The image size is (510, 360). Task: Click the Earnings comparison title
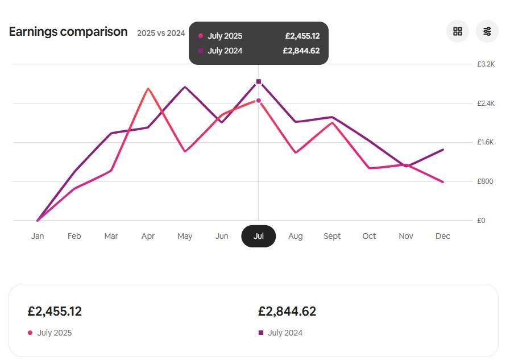pyautogui.click(x=68, y=32)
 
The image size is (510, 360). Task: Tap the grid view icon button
pyautogui.click(x=458, y=31)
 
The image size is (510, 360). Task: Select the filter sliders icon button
pyautogui.click(x=487, y=31)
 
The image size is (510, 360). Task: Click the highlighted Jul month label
pyautogui.click(x=259, y=236)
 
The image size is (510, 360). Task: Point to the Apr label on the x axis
pyautogui.click(x=148, y=236)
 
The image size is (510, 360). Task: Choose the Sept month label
pyautogui.click(x=332, y=236)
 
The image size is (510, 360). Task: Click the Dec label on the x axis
pyautogui.click(x=443, y=236)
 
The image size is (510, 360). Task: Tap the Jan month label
pyautogui.click(x=38, y=236)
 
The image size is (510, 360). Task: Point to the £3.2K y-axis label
pyautogui.click(x=486, y=64)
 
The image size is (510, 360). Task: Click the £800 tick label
pyautogui.click(x=485, y=181)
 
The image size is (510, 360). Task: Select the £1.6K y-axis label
pyautogui.click(x=486, y=142)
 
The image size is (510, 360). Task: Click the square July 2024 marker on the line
pyautogui.click(x=259, y=82)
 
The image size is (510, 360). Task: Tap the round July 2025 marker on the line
pyautogui.click(x=259, y=101)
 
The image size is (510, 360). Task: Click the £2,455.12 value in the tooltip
pyautogui.click(x=302, y=36)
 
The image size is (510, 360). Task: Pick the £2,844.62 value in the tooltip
pyautogui.click(x=301, y=51)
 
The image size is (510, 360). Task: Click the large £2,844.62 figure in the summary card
pyautogui.click(x=287, y=312)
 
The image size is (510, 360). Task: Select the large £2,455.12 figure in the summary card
pyautogui.click(x=55, y=312)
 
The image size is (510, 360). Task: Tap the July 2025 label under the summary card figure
pyautogui.click(x=55, y=333)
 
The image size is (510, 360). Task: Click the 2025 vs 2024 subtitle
pyautogui.click(x=161, y=33)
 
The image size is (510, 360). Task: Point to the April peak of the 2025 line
pyautogui.click(x=148, y=89)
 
